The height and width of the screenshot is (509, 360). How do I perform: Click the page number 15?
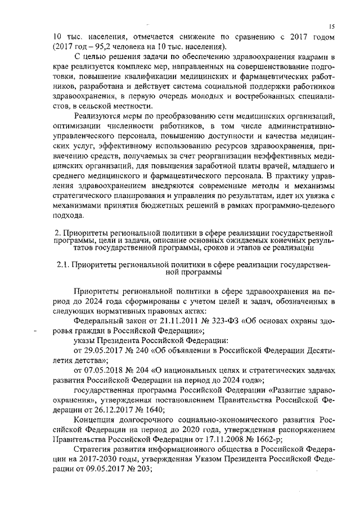[332, 26]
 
